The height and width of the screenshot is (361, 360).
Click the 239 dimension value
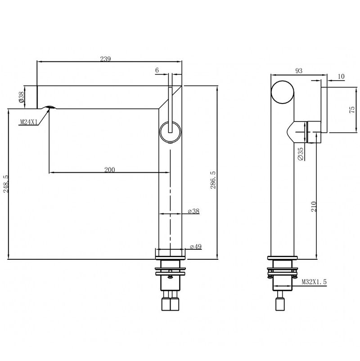105,59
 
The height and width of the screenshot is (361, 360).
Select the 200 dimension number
109,170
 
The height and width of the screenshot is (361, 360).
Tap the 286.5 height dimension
213,180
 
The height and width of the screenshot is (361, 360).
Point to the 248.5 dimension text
5,184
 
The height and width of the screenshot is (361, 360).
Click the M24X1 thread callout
29,122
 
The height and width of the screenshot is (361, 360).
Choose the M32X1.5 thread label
314,282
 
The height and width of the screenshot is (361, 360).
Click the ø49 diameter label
196,247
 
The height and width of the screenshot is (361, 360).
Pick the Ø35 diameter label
301,154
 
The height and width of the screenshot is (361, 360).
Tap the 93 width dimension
299,71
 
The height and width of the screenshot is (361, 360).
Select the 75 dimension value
352,109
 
